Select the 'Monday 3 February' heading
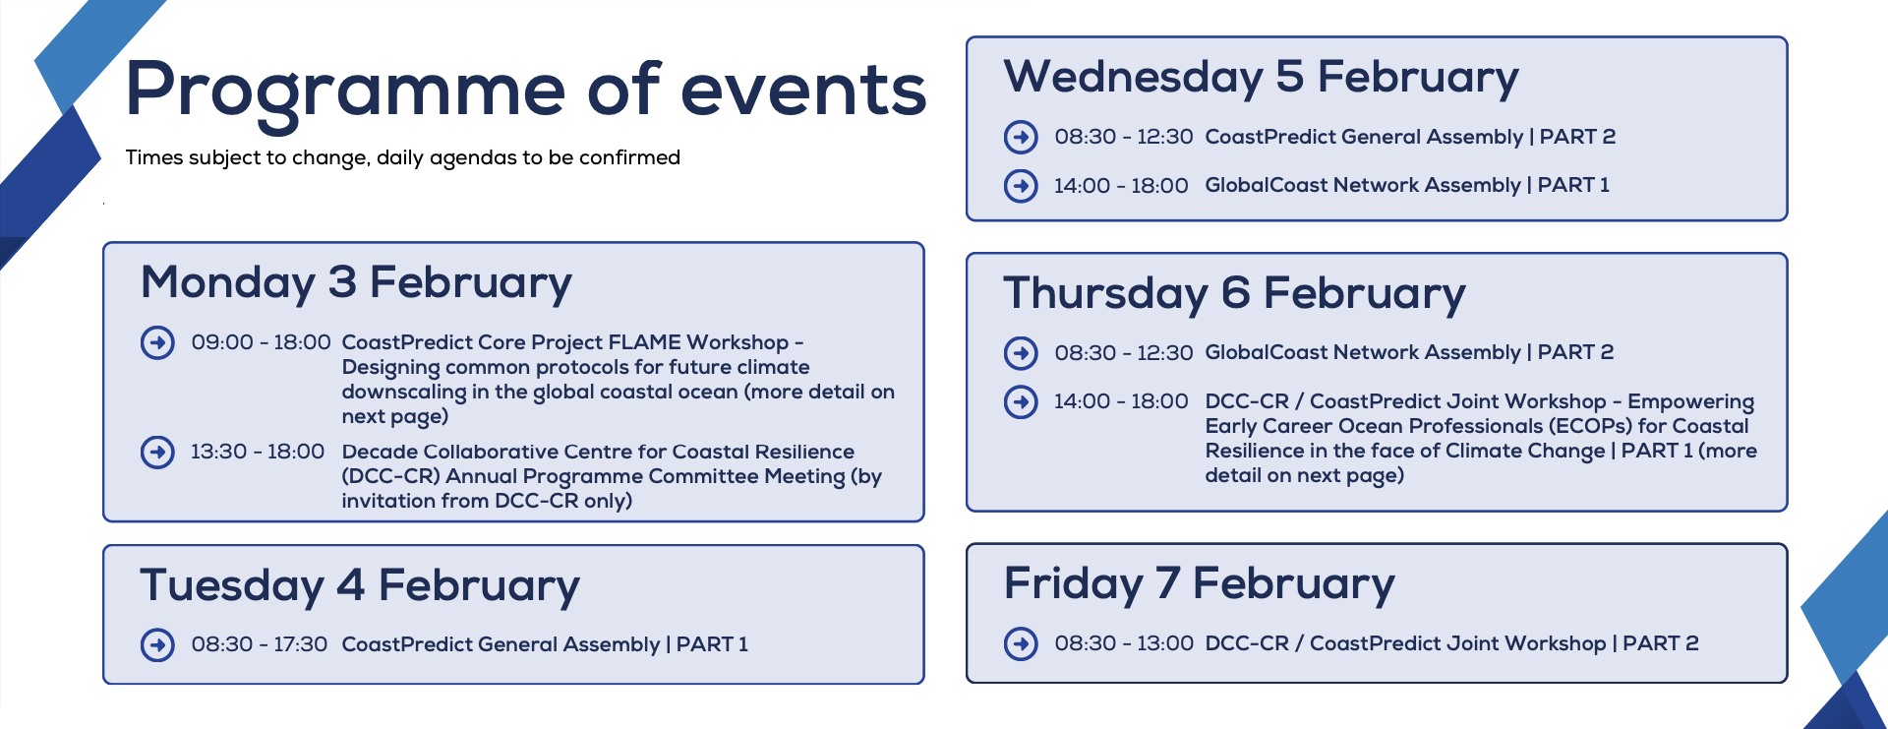tap(356, 282)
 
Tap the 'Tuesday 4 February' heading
tap(360, 585)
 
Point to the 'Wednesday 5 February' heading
tap(1262, 77)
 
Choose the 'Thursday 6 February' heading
tap(1235, 293)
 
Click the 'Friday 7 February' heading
tap(1200, 583)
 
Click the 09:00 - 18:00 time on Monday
tap(261, 342)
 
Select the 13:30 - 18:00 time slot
tap(258, 452)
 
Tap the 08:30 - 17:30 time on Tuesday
tap(260, 644)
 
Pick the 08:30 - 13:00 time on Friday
tap(1124, 643)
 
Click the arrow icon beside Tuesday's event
tap(157, 644)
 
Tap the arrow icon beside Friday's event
tap(1021, 643)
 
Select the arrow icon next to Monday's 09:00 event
tap(157, 342)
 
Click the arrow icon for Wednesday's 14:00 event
tap(1021, 185)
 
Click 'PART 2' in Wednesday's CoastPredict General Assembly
tap(1577, 137)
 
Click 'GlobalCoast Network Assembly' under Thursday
tap(1363, 352)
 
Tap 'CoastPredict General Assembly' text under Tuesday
tap(501, 644)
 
